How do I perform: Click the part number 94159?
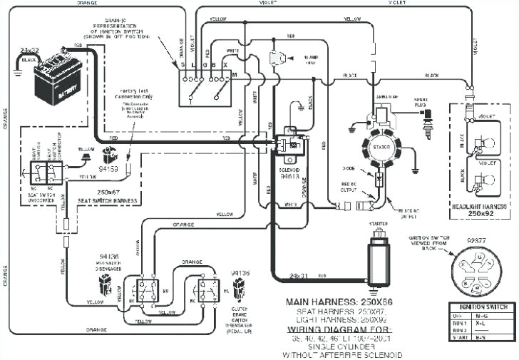pyautogui.click(x=108, y=170)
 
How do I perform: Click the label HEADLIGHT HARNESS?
pyautogui.click(x=478, y=205)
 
